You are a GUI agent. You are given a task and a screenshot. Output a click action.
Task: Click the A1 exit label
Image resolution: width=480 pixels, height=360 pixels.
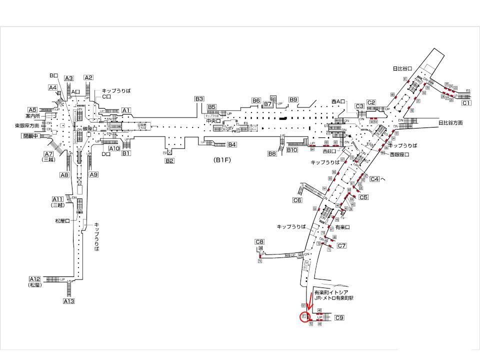pos(126,110)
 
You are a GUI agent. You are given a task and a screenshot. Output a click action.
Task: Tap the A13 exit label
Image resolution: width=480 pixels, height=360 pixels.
pos(68,301)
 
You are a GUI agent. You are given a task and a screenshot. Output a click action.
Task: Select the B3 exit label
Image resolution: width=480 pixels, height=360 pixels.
pos(199,99)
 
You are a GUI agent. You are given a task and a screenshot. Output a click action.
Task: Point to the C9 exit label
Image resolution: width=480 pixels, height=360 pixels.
pos(339,318)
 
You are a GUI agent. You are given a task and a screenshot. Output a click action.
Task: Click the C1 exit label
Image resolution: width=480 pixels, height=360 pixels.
pos(466,103)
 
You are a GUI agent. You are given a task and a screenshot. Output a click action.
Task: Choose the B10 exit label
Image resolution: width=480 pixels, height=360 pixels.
pos(292,150)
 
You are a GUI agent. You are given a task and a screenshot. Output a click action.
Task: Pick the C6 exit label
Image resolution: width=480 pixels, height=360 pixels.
pos(297,200)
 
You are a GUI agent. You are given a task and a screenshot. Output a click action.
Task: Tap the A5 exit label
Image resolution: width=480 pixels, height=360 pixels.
pos(32,110)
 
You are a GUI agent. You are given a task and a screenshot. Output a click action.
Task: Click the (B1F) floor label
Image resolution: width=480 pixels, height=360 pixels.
pos(221,160)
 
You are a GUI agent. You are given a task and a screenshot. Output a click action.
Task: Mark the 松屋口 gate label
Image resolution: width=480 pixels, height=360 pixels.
pos(63,220)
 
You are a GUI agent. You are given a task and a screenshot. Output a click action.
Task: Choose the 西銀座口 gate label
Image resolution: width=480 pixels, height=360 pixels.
pos(399,155)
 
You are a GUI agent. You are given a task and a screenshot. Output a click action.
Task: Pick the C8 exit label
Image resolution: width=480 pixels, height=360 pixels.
pos(259,242)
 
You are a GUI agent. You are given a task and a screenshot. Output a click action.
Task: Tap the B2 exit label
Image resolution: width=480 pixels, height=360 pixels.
pos(169,160)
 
